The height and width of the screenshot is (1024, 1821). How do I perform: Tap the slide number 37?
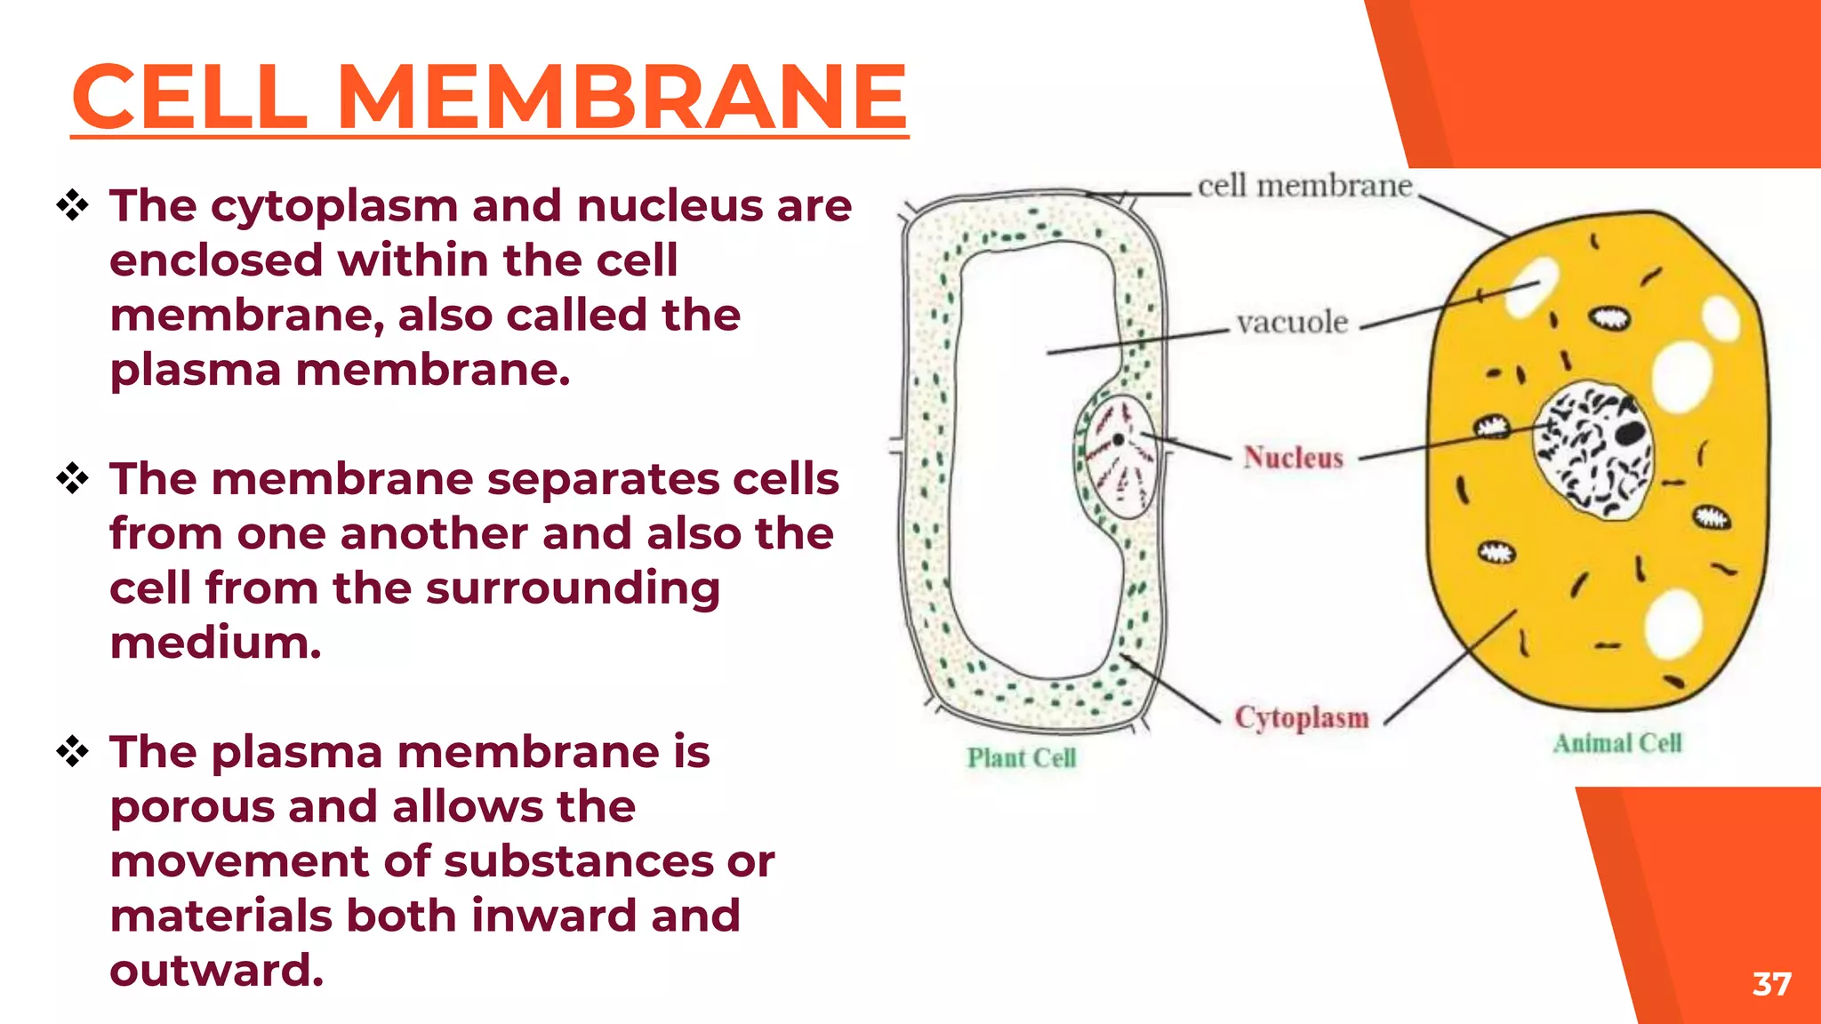tap(1771, 984)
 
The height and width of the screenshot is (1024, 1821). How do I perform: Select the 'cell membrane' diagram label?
tap(1304, 186)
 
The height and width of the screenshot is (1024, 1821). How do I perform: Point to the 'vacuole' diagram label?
tap(1292, 322)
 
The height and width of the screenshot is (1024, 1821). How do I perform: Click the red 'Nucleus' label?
tap(1293, 458)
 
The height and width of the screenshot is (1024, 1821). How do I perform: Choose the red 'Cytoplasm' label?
tap(1302, 717)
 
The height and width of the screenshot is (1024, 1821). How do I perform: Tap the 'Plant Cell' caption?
tap(1022, 758)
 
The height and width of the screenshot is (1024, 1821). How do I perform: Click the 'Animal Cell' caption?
tap(1617, 743)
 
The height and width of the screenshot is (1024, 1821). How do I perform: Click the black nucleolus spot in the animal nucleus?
tap(1630, 433)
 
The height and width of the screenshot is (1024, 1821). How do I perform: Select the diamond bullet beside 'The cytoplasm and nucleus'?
tap(72, 206)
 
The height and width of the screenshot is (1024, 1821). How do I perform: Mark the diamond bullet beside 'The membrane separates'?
tap(72, 479)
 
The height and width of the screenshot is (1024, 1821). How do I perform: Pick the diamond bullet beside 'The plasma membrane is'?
tap(72, 752)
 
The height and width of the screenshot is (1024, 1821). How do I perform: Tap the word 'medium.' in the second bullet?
tap(215, 643)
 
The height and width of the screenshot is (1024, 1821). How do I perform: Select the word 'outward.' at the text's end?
tap(216, 970)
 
